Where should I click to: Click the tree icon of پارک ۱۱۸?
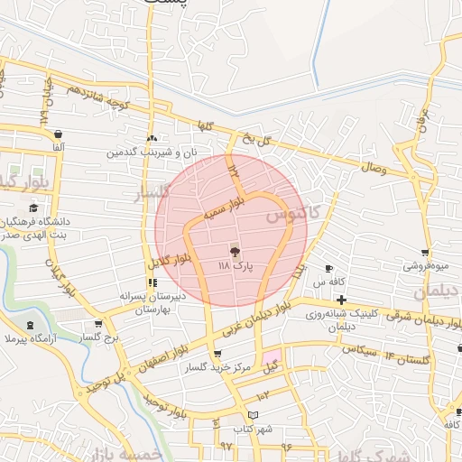click(x=236, y=252)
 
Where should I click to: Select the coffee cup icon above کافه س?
click(x=328, y=268)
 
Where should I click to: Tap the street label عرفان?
click(x=420, y=118)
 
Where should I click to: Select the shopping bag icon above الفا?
click(x=59, y=132)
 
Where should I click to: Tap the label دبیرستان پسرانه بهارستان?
click(x=152, y=302)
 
